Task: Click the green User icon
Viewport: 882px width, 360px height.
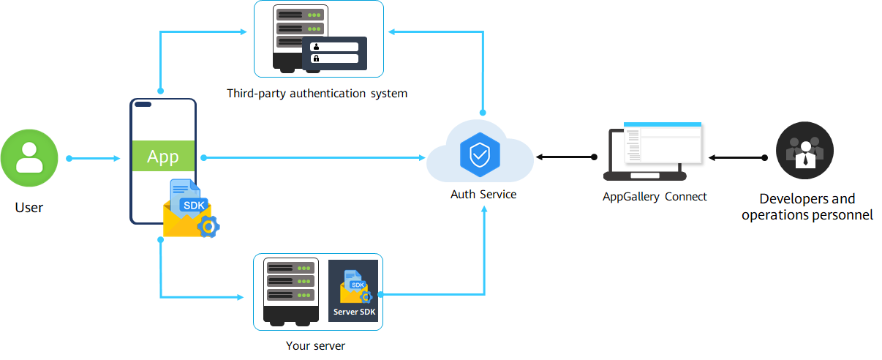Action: click(x=29, y=158)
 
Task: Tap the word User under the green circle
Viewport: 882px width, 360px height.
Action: click(x=29, y=208)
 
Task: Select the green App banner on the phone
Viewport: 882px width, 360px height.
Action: click(x=163, y=156)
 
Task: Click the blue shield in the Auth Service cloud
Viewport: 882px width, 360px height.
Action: click(x=480, y=155)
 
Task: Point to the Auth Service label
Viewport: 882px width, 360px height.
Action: click(x=483, y=194)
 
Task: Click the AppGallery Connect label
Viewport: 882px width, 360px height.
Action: click(x=655, y=197)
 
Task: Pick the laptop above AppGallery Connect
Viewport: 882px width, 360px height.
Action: click(x=653, y=151)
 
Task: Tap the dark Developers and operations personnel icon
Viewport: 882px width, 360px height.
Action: click(x=804, y=151)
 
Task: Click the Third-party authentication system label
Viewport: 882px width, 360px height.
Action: click(x=317, y=94)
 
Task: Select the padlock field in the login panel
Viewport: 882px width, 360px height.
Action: click(x=334, y=59)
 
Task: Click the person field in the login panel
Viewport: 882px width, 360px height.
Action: click(x=334, y=47)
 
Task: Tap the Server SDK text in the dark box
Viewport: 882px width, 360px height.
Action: click(x=355, y=312)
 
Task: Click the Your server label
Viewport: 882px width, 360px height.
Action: click(x=315, y=346)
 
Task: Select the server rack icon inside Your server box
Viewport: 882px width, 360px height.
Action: click(x=291, y=292)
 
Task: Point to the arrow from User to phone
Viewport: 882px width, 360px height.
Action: click(x=94, y=158)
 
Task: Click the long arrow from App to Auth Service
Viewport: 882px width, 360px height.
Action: click(x=313, y=157)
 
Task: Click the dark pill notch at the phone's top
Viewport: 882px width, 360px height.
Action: click(x=143, y=105)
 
